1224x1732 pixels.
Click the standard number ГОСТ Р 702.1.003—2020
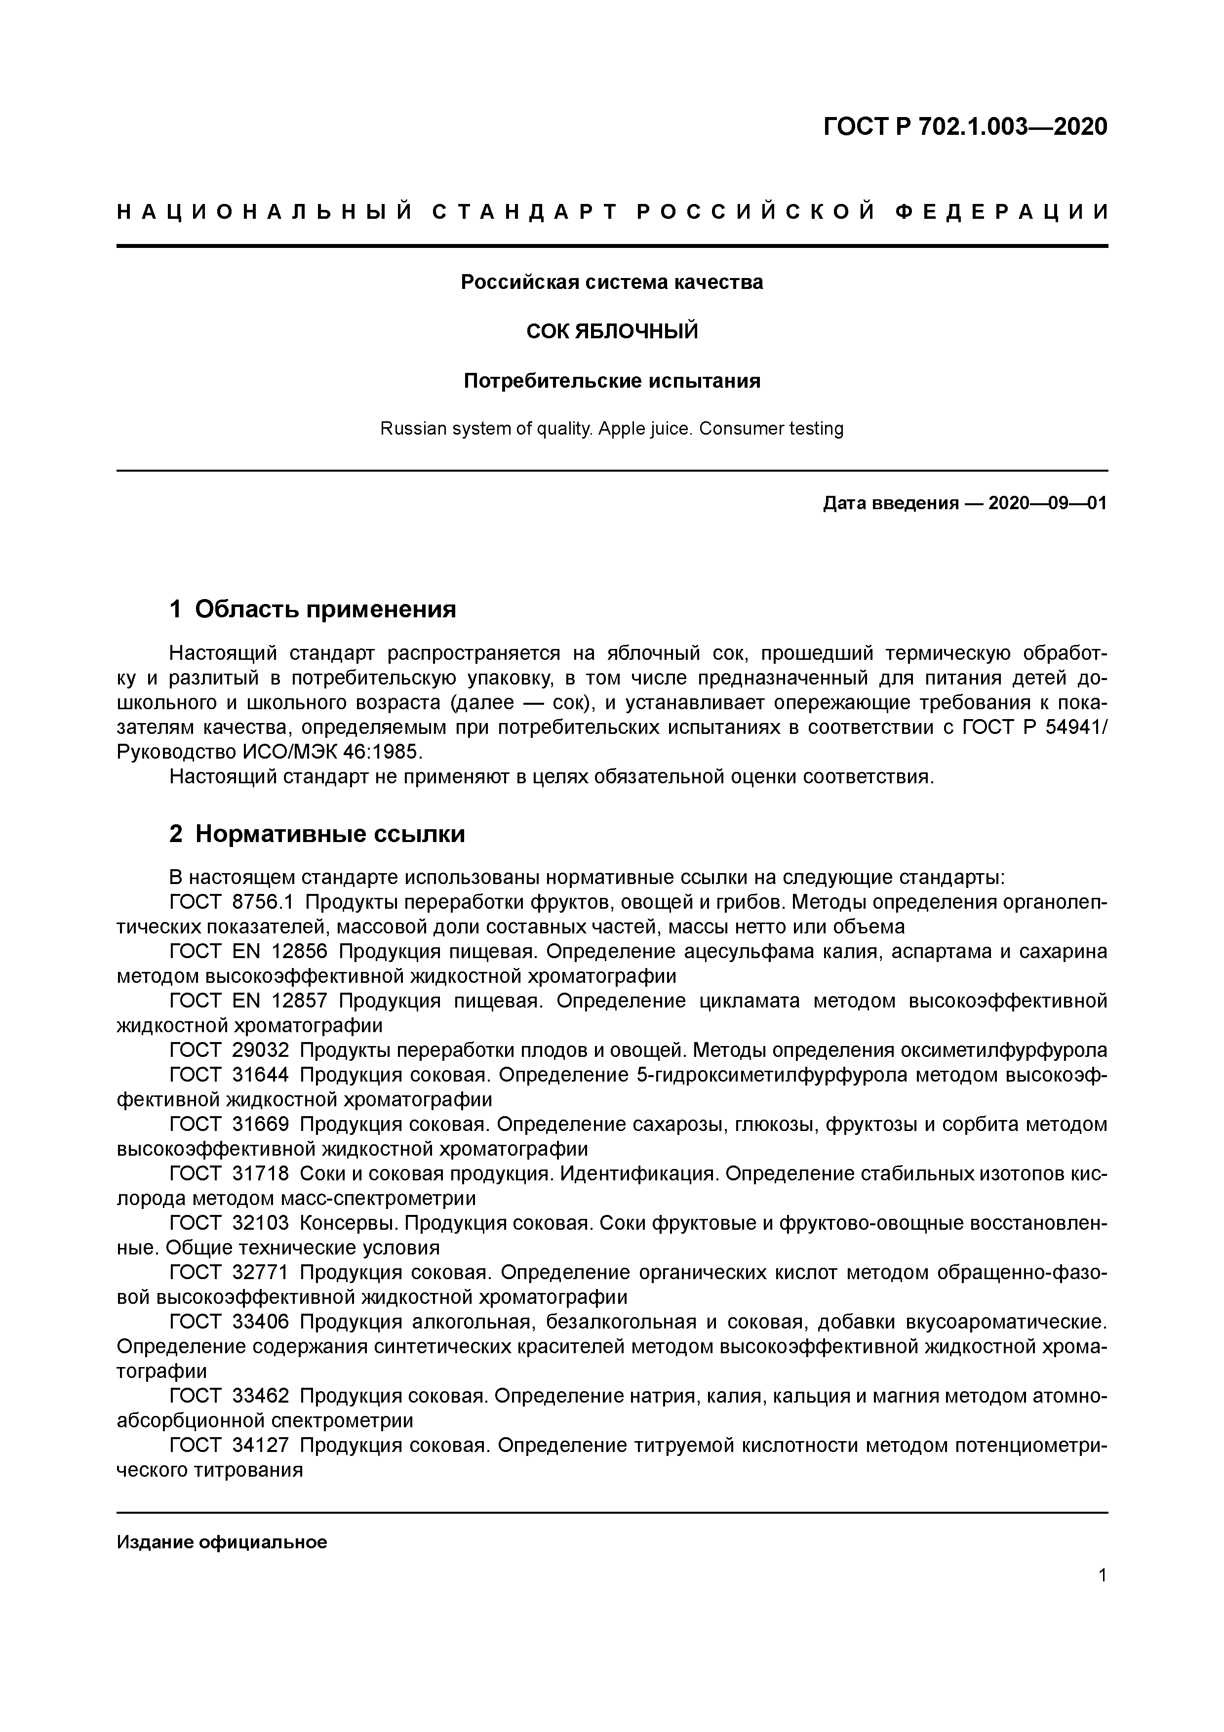(x=965, y=127)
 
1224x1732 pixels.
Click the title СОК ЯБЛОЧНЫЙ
(x=612, y=331)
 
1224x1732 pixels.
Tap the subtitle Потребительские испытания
(x=612, y=381)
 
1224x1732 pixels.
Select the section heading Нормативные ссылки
(x=329, y=834)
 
